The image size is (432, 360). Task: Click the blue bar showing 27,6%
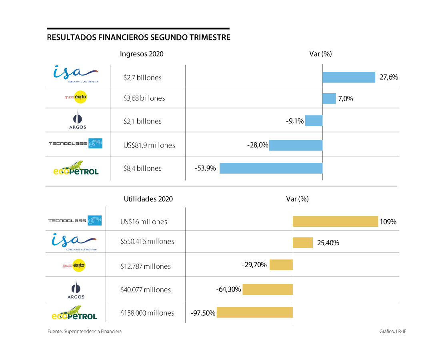pos(349,77)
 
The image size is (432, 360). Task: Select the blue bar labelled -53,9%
pos(271,168)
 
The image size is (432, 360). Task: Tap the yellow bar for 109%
pos(335,221)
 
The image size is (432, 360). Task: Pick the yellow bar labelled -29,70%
pos(281,265)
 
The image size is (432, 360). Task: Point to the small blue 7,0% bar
pos(329,98)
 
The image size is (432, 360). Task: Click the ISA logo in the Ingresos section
pos(76,74)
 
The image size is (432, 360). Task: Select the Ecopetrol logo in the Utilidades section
pos(74,313)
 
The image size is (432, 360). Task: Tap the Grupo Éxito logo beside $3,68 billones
pos(76,98)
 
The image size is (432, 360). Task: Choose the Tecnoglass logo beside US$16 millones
pos(75,220)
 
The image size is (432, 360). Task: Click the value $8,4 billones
pos(142,168)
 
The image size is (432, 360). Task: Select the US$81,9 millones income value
pos(149,145)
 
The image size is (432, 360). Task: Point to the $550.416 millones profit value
pos(147,241)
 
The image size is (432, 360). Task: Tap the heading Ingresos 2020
pos(142,54)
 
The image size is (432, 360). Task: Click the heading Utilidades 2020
pos(148,199)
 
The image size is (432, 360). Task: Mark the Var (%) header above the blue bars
pos(321,54)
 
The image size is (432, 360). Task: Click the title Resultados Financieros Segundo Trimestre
pos(138,38)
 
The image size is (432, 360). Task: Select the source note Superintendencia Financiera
pos(84,331)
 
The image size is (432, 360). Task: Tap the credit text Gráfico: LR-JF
pos(395,331)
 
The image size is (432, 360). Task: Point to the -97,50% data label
pos(203,313)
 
